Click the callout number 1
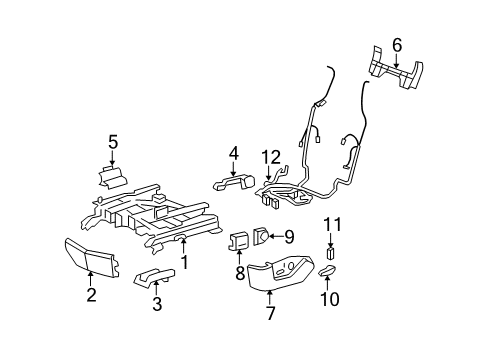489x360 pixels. point(184,262)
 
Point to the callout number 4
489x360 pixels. point(233,153)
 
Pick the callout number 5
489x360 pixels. point(113,142)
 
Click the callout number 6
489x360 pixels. point(396,43)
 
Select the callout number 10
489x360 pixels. point(326,300)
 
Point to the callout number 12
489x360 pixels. point(271,156)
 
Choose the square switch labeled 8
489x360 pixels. point(240,240)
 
